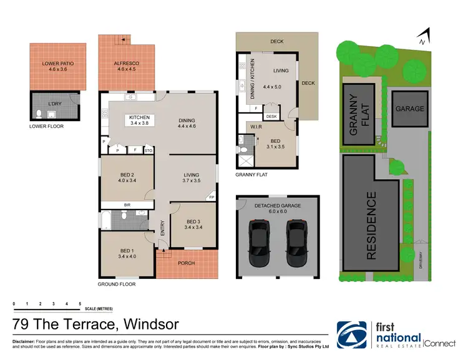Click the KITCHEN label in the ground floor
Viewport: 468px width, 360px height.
click(140, 117)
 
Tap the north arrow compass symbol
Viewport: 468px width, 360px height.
click(424, 37)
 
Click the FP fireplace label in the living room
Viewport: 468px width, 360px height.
click(210, 197)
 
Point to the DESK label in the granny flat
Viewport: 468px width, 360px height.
click(271, 116)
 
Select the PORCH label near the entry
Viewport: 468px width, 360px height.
click(186, 263)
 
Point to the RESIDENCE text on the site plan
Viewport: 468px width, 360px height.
click(371, 226)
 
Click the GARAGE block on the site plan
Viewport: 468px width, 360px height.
click(409, 109)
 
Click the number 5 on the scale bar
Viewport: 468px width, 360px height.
click(80, 303)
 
